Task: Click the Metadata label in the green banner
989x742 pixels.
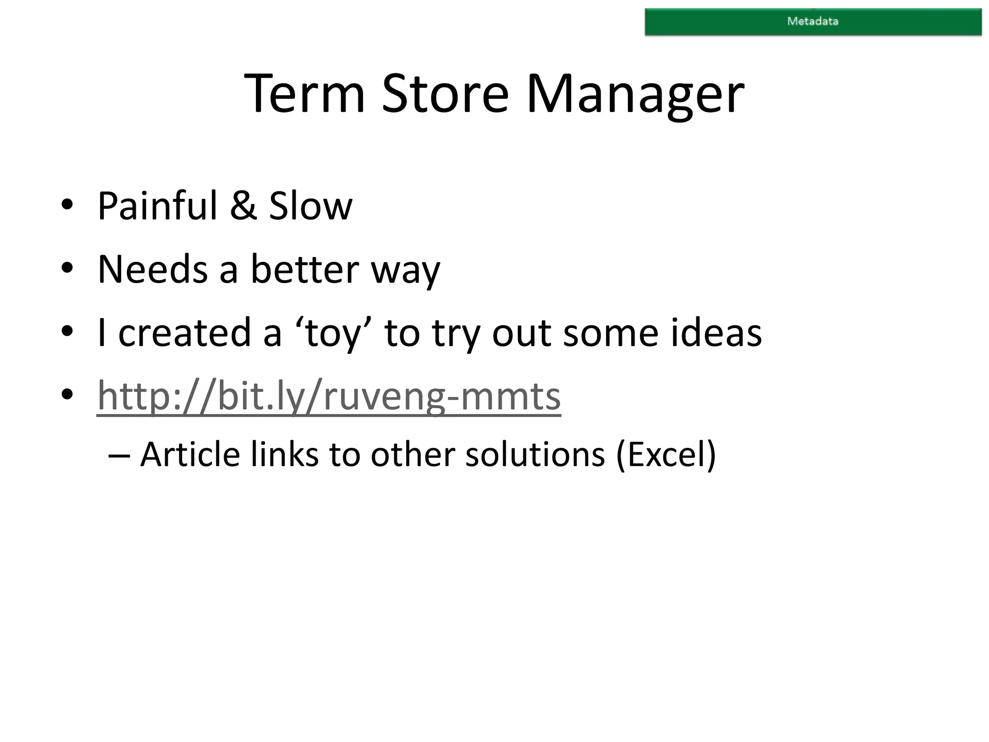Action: (813, 21)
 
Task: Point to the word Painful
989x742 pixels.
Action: (157, 206)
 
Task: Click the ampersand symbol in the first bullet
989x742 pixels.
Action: (243, 206)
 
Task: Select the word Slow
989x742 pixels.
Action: (311, 206)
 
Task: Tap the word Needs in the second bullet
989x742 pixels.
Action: (153, 269)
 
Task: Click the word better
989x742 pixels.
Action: (305, 269)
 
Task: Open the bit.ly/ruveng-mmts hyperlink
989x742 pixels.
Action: (329, 396)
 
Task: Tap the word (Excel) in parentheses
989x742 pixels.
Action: (666, 455)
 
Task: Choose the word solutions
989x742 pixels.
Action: (535, 455)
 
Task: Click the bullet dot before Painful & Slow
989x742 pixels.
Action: (67, 205)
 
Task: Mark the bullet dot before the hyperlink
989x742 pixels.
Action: (67, 395)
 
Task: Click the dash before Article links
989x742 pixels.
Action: (118, 456)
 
